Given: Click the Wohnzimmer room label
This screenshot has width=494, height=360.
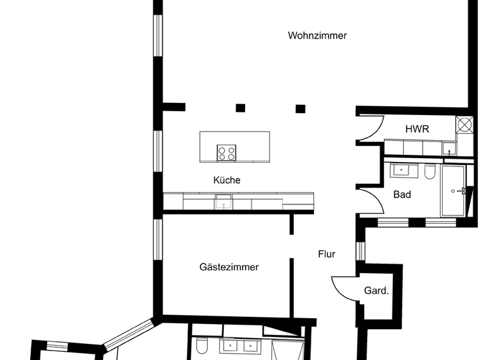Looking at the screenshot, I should [x=317, y=35].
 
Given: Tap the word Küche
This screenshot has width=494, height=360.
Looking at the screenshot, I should [x=226, y=181].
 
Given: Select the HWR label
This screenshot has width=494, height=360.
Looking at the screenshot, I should [x=417, y=129].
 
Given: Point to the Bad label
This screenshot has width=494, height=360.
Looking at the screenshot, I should [x=402, y=195].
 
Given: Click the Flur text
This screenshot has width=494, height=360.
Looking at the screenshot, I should [x=327, y=254].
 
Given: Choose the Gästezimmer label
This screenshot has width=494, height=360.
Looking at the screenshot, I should [x=229, y=267].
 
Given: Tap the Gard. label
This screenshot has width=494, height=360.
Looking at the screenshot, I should [x=376, y=291].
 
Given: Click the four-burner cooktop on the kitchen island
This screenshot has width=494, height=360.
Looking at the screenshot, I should [x=226, y=153].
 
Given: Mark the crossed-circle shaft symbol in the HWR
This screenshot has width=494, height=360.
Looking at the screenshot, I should [x=464, y=124].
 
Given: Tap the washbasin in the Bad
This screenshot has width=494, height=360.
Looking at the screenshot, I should [x=403, y=170].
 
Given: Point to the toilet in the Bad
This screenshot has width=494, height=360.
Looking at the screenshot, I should [x=430, y=172].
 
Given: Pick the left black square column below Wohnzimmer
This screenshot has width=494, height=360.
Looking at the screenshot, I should [x=241, y=108].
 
